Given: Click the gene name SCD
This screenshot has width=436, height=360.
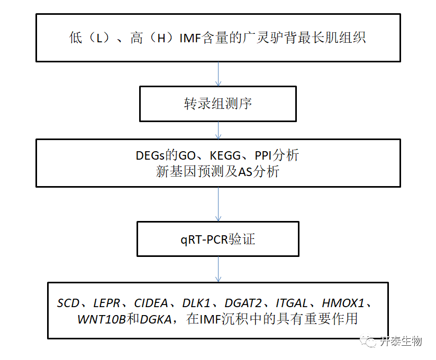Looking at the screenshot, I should pos(68,303).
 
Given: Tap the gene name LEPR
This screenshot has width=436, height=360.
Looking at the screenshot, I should pos(106,303).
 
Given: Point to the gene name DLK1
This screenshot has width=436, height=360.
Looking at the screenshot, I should pos(196,303).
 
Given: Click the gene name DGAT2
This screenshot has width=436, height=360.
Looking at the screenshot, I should pos(243,303).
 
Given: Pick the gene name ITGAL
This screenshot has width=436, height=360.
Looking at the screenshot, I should pos(291,303).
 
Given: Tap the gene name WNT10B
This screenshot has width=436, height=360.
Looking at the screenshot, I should pos(101,319).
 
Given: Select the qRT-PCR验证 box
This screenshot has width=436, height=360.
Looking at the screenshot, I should pos(218,239).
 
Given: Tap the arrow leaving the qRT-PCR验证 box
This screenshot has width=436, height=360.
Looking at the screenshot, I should pos(218,269).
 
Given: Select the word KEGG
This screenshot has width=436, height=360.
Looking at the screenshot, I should pos(221,155).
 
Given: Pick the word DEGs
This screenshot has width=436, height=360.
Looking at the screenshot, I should pos(152,155).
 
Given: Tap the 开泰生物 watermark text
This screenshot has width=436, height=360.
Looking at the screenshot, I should pos(401,341).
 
